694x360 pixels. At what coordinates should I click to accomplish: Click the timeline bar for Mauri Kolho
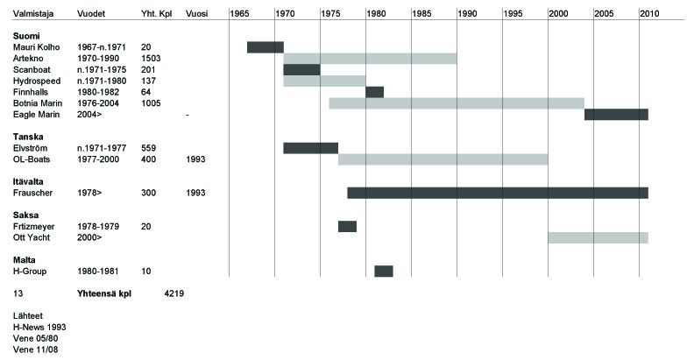pyautogui.click(x=265, y=47)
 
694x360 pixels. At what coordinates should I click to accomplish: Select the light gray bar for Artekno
pyautogui.click(x=370, y=59)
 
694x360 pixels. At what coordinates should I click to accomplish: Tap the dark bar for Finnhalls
pyautogui.click(x=374, y=92)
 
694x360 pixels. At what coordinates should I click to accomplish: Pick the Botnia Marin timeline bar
pyautogui.click(x=457, y=103)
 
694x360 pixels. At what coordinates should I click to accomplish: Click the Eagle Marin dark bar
pyautogui.click(x=616, y=115)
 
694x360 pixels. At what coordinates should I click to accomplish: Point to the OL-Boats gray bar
pyautogui.click(x=443, y=159)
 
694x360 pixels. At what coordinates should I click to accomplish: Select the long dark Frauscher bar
pyautogui.click(x=498, y=193)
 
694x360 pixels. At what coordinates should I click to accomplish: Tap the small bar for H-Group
pyautogui.click(x=384, y=271)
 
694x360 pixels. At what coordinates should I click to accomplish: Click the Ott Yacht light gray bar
pyautogui.click(x=598, y=237)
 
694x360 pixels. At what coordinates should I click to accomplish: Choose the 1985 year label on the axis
pyautogui.click(x=421, y=14)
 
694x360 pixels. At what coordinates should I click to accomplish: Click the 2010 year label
pyautogui.click(x=648, y=14)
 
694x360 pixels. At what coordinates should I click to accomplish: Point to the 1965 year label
pyautogui.click(x=238, y=14)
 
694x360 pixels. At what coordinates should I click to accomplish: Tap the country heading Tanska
pyautogui.click(x=28, y=137)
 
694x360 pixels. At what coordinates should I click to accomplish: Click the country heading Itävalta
pyautogui.click(x=30, y=181)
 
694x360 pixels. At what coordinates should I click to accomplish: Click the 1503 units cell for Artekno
pyautogui.click(x=152, y=59)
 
